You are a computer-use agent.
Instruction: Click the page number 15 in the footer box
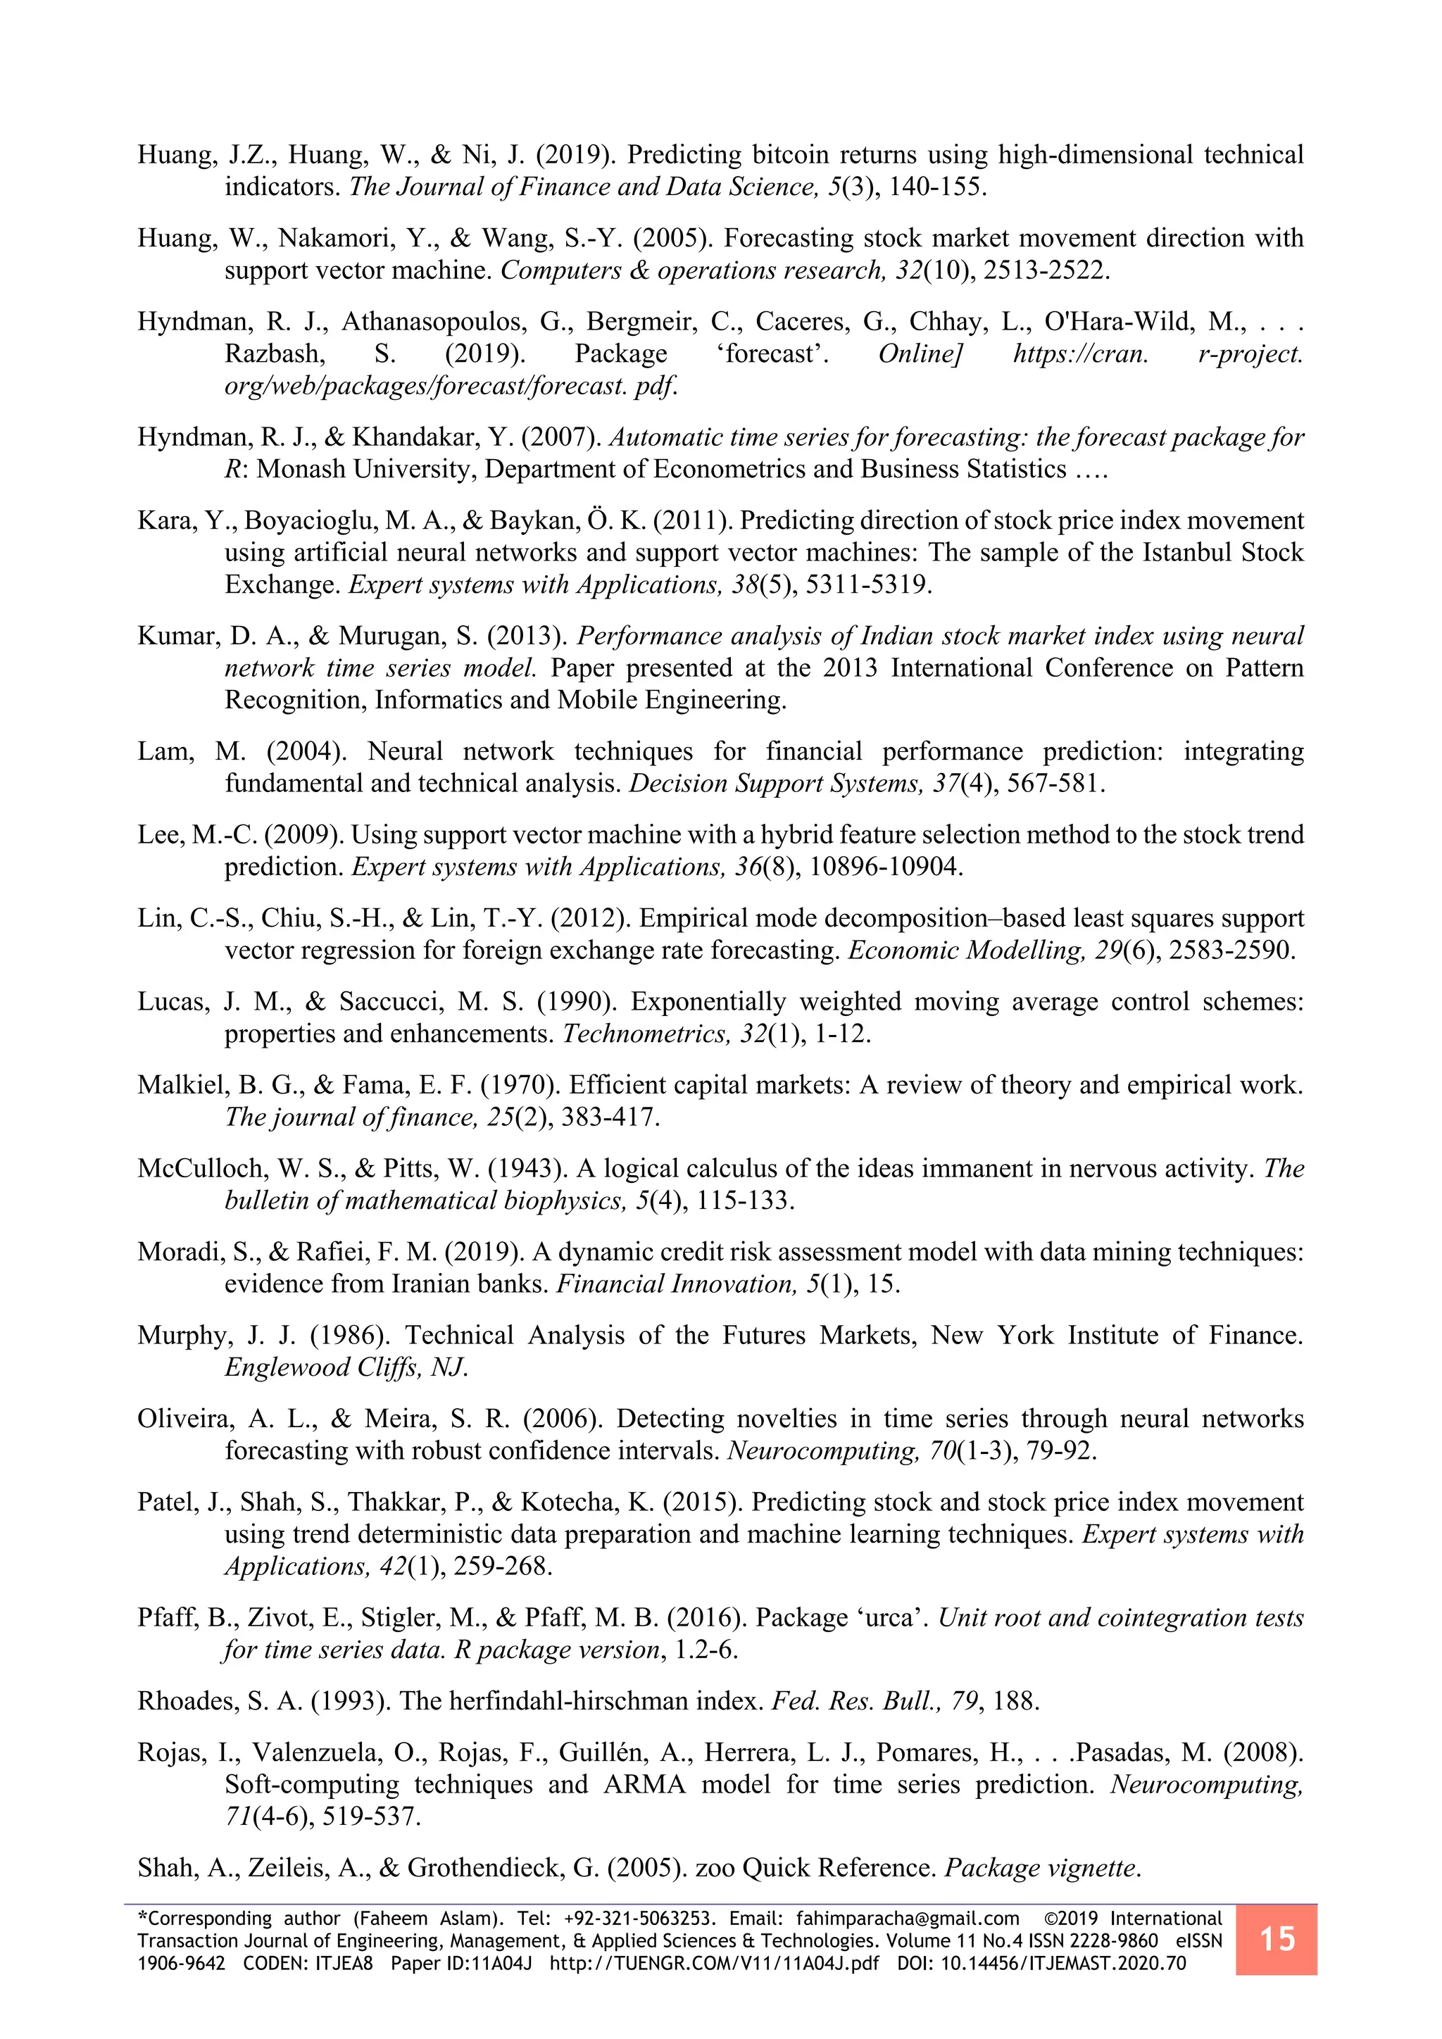(x=1276, y=1938)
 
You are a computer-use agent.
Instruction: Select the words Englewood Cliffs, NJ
(x=346, y=1367)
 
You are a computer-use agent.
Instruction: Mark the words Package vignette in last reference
(x=1041, y=1869)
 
